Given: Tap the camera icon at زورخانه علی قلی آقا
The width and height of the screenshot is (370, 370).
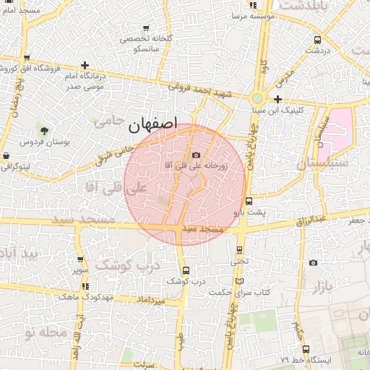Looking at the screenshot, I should (x=196, y=155).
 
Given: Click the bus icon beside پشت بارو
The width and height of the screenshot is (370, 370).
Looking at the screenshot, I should (x=249, y=202).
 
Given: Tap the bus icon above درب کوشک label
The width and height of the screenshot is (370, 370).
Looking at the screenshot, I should (x=186, y=270).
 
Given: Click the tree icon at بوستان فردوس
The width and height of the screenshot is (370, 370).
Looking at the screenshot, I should (x=45, y=131).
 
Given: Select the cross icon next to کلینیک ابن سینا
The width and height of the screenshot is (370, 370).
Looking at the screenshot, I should (x=278, y=100).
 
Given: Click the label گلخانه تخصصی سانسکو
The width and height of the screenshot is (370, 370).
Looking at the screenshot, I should (x=145, y=43).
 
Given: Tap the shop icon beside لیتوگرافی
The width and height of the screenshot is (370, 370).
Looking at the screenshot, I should (x=6, y=155).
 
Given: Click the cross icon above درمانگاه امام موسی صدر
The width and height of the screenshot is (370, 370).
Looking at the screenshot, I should (x=85, y=66).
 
